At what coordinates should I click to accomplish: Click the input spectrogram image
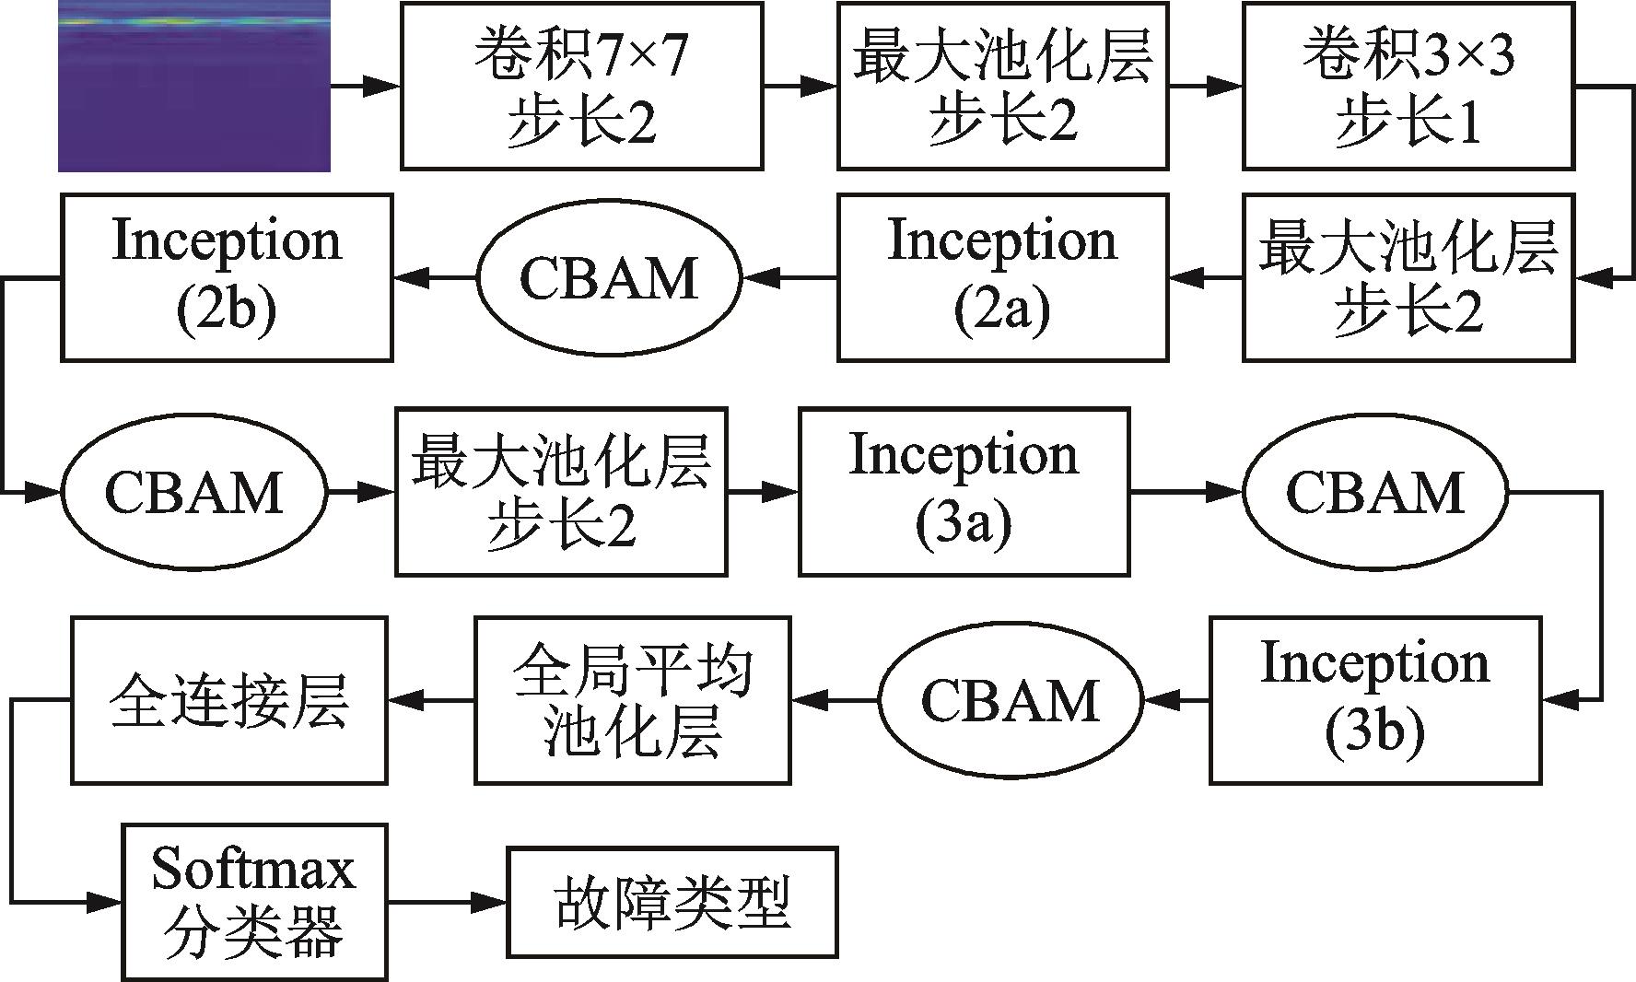[194, 86]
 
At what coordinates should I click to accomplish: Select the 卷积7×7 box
[582, 86]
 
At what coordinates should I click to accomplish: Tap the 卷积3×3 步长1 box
[1408, 86]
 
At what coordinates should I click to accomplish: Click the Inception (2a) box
[1003, 276]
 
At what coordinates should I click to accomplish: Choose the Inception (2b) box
[228, 276]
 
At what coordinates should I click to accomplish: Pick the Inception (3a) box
[964, 492]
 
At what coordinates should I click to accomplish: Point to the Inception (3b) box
[1375, 700]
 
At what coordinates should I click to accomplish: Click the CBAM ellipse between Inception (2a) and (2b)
[609, 277]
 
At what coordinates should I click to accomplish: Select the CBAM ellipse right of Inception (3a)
[1375, 492]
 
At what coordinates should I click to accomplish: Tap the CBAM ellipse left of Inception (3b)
[1011, 701]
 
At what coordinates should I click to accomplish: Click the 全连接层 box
[229, 700]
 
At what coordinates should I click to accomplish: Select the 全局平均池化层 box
[633, 700]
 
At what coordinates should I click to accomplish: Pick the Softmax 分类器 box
[254, 902]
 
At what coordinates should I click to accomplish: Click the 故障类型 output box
[672, 902]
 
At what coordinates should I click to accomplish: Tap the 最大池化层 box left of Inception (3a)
[562, 492]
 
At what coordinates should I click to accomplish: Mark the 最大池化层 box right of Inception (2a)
[1408, 276]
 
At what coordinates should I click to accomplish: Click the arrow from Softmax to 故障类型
[447, 902]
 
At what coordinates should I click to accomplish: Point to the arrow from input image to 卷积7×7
[366, 87]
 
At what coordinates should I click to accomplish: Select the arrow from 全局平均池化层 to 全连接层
[431, 701]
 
